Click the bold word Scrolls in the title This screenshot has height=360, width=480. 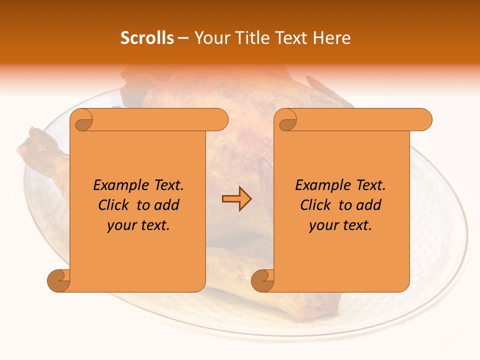point(147,38)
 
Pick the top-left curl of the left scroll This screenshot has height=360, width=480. point(81,120)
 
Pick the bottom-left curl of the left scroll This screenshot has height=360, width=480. point(58,280)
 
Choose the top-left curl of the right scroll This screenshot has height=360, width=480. point(285,120)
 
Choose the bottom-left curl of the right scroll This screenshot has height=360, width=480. point(262,280)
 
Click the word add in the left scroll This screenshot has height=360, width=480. point(166,205)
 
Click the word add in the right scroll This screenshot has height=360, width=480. point(368,205)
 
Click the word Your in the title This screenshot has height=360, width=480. point(211,38)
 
